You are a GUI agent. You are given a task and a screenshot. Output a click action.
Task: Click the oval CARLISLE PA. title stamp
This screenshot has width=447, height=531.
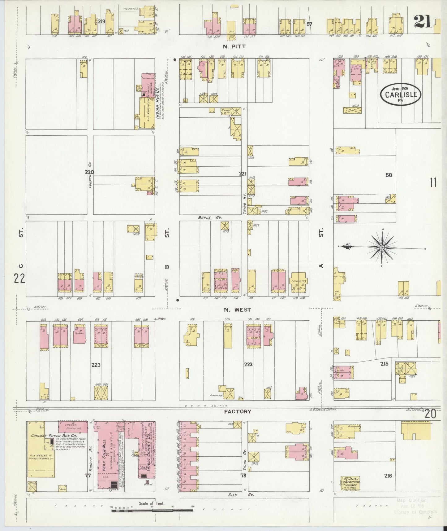click(401, 94)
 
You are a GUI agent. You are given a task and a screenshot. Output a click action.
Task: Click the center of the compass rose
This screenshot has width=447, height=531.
click(382, 247)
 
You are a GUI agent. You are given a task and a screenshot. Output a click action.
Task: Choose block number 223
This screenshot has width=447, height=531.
click(96, 365)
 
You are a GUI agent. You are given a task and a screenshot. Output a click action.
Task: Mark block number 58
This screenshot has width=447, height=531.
click(389, 175)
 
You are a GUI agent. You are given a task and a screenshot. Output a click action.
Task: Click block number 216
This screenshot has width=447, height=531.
click(388, 476)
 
